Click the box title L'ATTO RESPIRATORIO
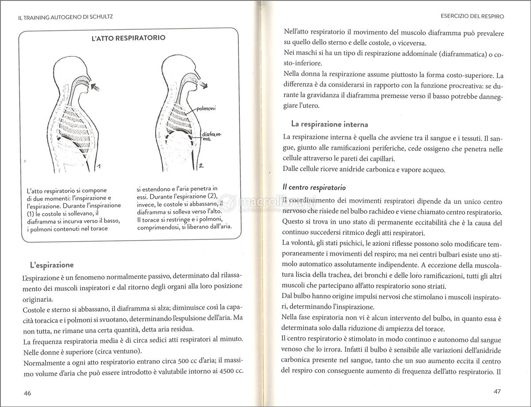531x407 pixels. click(x=128, y=38)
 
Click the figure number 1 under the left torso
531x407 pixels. click(x=100, y=167)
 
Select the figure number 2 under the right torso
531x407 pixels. click(x=200, y=166)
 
